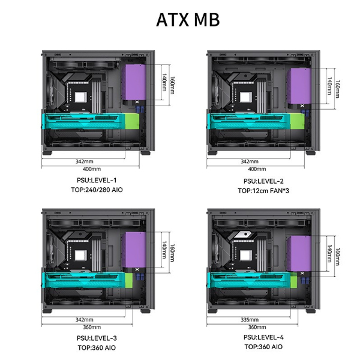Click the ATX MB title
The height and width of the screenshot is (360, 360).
[188, 20]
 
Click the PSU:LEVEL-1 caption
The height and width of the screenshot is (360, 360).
[97, 180]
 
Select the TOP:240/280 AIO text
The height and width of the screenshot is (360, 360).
[97, 190]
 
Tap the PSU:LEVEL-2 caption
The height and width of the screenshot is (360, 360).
[263, 181]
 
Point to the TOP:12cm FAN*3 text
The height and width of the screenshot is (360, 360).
[263, 191]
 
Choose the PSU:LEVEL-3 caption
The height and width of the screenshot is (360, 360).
[97, 338]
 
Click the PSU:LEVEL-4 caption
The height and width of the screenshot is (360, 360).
[263, 337]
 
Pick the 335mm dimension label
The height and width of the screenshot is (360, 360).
[250, 320]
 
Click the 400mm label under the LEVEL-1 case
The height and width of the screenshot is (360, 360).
[92, 169]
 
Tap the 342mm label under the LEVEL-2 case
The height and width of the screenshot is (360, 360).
[250, 161]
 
